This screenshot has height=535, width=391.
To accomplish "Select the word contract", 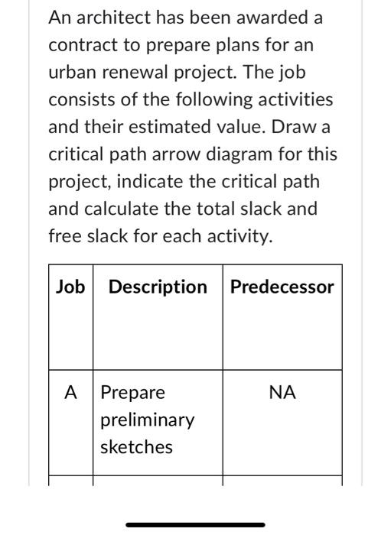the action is pyautogui.click(x=80, y=44).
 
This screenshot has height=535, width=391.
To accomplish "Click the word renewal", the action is pyautogui.click(x=135, y=72).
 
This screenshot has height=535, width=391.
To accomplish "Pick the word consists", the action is pyautogui.click(x=80, y=99).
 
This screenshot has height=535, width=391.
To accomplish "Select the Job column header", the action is pyautogui.click(x=70, y=287).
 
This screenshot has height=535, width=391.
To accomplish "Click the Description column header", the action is pyautogui.click(x=158, y=287).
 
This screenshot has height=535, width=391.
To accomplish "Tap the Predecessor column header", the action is pyautogui.click(x=282, y=287).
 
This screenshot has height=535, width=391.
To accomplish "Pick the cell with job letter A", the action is pyautogui.click(x=70, y=393).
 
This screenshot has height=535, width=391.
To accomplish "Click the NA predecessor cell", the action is pyautogui.click(x=282, y=393).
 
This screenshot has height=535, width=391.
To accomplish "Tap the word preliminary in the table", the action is pyautogui.click(x=148, y=420).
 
